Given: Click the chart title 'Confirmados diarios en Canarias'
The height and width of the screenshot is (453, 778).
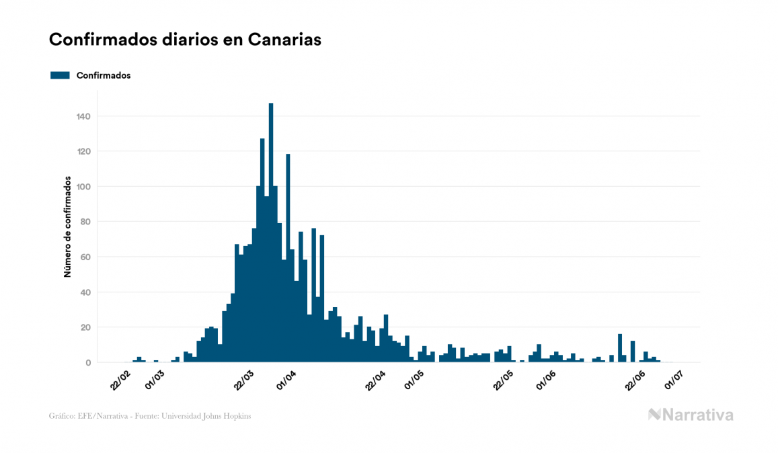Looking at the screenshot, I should click(185, 40).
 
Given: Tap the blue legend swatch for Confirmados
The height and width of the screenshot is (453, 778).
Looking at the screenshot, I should click(60, 75).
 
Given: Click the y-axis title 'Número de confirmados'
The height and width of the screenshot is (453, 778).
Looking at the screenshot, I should click(67, 226).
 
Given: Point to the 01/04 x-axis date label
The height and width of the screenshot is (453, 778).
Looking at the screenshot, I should click(286, 378).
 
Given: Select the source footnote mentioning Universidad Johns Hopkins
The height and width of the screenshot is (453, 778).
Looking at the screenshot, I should click(150, 416).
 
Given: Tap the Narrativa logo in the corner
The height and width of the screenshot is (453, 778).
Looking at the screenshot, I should click(691, 415).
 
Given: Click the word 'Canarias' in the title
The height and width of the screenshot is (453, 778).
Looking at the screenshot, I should click(284, 40).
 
